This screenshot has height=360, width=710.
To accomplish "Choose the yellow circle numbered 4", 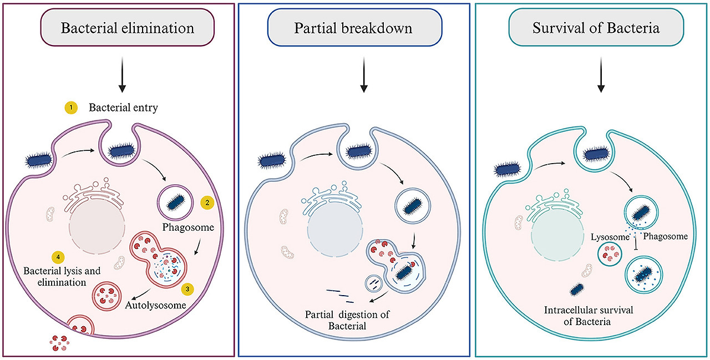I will [56, 257].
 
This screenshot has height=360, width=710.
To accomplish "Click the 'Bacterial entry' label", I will [123, 108].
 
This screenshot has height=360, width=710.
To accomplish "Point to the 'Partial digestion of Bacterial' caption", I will [348, 320].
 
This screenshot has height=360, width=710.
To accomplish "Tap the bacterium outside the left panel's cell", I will [41, 163].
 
